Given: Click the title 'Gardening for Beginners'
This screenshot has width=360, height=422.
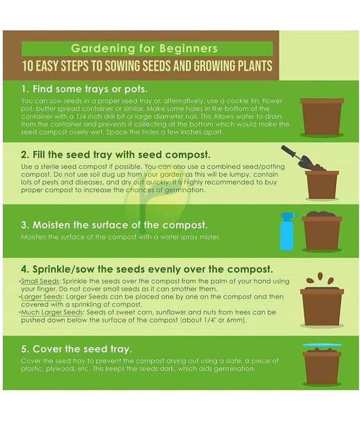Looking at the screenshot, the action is click(144, 49).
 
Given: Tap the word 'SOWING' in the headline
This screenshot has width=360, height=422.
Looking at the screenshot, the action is click(121, 66).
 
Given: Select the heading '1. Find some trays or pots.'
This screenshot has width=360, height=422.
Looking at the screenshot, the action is click(84, 89).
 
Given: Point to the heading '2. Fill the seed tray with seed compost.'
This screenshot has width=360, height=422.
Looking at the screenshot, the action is click(115, 155).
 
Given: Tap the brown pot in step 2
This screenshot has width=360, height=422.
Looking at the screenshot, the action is click(322, 185).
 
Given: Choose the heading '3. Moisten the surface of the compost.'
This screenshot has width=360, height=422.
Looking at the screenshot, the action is click(114, 225).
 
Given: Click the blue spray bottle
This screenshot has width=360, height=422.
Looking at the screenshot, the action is click(287, 232).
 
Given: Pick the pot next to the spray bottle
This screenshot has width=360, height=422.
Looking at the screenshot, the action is click(322, 232).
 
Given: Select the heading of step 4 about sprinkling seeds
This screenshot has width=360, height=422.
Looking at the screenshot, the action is click(147, 269).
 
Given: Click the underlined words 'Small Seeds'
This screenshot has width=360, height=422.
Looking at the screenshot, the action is click(41, 281).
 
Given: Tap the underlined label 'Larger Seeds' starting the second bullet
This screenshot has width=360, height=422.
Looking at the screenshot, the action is click(43, 297).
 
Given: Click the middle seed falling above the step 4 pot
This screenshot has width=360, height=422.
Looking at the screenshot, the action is click(320, 276).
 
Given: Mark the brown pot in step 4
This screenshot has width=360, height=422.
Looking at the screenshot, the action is click(322, 307).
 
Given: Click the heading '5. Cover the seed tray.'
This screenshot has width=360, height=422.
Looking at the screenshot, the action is click(76, 349).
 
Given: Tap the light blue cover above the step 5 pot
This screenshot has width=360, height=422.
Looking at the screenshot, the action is click(322, 345).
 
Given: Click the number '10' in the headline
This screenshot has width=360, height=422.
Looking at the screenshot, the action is click(27, 66).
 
